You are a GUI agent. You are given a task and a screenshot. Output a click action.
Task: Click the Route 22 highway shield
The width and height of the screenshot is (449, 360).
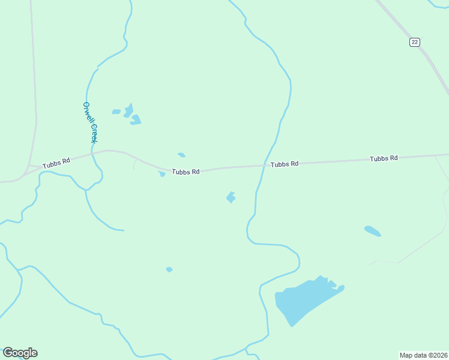[415, 41]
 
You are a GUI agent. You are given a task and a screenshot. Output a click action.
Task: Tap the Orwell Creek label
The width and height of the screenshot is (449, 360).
[89, 122]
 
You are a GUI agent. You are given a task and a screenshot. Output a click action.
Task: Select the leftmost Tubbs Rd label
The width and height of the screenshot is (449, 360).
[56, 162]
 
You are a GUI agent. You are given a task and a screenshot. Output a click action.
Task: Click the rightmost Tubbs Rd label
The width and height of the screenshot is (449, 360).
[384, 158]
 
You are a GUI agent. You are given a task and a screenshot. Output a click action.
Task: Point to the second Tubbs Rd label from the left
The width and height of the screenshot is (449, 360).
[185, 172]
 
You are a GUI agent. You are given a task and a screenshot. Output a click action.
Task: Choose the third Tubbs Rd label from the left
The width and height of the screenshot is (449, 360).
[284, 164]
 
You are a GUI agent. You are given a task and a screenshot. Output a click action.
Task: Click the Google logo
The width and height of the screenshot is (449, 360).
[20, 353]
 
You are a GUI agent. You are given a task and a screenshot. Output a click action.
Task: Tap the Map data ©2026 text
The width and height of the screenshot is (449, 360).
[423, 355]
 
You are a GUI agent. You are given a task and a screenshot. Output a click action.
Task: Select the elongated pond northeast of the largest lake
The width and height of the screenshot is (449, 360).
[372, 231]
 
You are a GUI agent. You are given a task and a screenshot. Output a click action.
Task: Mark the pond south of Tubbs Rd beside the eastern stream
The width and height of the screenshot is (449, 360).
[231, 197]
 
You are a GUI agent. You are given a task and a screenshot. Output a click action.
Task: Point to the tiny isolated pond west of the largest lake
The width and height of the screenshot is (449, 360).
[169, 269]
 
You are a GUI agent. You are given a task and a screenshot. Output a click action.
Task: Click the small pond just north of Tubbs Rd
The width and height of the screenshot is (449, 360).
[181, 155]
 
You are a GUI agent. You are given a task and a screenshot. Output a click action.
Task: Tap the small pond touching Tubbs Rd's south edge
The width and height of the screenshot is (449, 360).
[162, 174]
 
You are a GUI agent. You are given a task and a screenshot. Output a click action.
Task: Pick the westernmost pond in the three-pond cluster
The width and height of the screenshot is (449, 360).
[116, 112]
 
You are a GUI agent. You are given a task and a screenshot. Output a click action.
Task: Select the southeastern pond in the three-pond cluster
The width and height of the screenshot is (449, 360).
[136, 119]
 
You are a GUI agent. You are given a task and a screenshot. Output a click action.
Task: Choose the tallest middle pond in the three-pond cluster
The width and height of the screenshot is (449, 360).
[128, 110]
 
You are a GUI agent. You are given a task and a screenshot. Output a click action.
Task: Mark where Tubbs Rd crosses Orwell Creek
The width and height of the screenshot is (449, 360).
[93, 154]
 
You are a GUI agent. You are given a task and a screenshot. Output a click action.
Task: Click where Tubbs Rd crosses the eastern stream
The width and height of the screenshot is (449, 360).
[265, 166]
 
